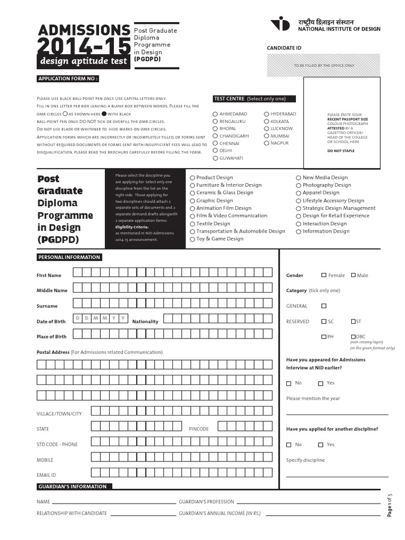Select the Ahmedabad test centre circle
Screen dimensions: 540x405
(215, 114)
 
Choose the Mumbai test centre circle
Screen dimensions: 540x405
(266, 136)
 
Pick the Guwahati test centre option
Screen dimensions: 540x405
(215, 158)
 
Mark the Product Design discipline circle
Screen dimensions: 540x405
(192, 178)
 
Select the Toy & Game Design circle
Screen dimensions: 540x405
(192, 239)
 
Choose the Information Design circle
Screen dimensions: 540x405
(298, 232)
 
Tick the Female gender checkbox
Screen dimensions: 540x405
(324, 275)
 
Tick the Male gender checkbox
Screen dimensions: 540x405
(353, 275)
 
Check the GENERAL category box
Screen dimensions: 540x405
(324, 306)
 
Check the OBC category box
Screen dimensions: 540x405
(353, 336)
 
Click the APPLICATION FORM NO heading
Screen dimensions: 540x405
(67, 79)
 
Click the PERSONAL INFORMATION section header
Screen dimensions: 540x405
(69, 257)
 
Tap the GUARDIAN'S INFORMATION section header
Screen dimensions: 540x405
(72, 487)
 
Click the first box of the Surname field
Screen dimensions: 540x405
(78, 303)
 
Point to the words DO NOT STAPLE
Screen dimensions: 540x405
(341, 151)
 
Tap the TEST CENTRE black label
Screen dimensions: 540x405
(254, 99)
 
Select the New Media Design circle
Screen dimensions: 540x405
(298, 178)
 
